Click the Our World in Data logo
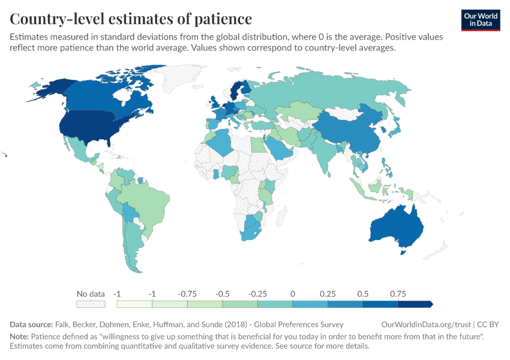pyautogui.click(x=481, y=20)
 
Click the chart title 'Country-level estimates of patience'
pyautogui.click(x=131, y=18)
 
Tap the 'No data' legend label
pyautogui.click(x=91, y=294)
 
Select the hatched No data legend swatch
pyautogui.click(x=91, y=304)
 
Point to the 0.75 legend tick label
pyautogui.click(x=397, y=294)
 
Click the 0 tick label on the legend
pyautogui.click(x=292, y=294)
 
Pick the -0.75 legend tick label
pyautogui.click(x=188, y=294)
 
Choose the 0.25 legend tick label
pyautogui.click(x=328, y=294)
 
